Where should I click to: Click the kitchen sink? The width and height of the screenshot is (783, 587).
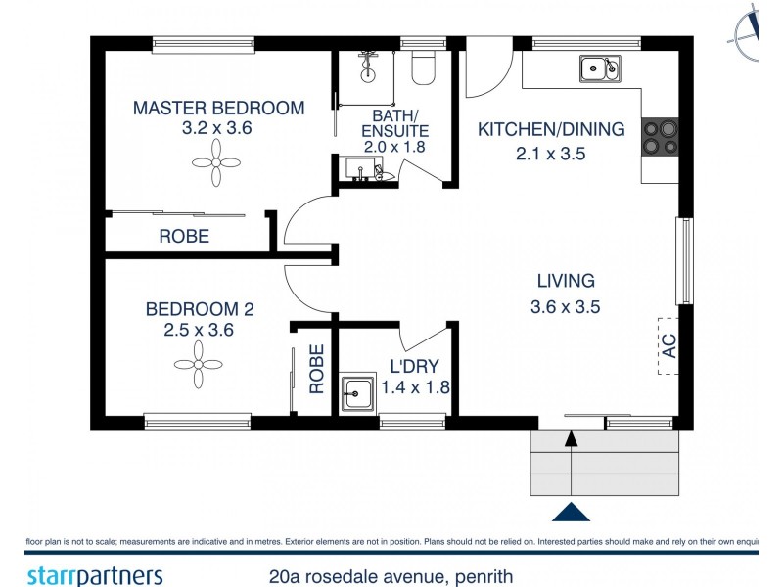600,68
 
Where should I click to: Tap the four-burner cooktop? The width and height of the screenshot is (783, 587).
660,137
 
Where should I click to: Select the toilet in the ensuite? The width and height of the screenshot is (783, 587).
424,68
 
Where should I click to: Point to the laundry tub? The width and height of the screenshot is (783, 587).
357,392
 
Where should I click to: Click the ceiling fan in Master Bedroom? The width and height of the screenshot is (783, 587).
216,162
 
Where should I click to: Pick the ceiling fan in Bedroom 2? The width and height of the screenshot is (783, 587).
199,364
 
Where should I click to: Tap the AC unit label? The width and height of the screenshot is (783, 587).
668,346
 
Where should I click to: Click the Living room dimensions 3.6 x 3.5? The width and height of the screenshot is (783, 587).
566,306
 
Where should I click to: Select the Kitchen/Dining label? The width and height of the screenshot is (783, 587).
551,129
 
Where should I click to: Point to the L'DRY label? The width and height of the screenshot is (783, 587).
414,366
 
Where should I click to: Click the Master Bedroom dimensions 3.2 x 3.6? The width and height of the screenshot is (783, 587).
216,128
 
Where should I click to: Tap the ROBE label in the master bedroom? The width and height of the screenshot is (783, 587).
184,236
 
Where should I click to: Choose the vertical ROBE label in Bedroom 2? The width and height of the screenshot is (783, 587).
316,369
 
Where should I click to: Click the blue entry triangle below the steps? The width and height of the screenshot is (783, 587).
571,512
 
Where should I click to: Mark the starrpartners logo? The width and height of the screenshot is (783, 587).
95,575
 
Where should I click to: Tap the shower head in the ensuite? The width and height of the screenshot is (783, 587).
368,65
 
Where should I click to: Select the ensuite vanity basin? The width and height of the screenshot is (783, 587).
358,168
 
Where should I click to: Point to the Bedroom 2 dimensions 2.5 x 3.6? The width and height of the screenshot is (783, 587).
199,330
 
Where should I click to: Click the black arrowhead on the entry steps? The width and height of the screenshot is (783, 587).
572,438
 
